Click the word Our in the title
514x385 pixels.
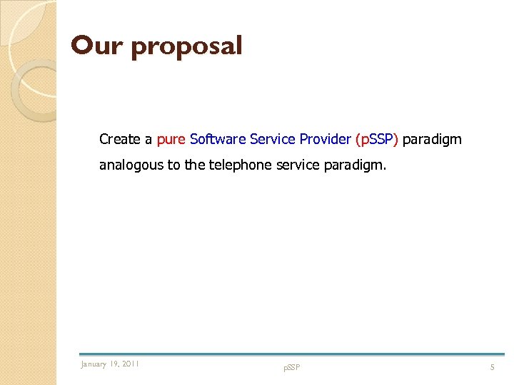point(96,46)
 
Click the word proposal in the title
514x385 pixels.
point(187,47)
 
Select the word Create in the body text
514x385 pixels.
point(121,139)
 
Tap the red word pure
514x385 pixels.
point(171,140)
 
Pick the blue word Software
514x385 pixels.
point(218,139)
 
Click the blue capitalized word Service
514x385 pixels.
point(273,139)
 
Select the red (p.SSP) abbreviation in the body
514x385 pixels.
point(376,140)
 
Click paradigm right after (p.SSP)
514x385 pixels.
point(432,140)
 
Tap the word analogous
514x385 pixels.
point(131,165)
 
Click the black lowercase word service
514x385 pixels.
point(275,165)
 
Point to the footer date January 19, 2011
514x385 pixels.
point(110,364)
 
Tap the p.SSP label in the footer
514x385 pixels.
point(291,367)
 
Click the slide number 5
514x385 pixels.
point(491,367)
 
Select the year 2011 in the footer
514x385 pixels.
point(131,364)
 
